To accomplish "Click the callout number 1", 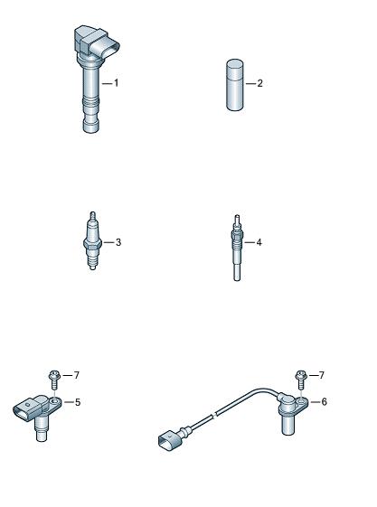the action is [x=116, y=83].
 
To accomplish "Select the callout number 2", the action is [x=259, y=83].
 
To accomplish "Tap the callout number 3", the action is [x=118, y=242].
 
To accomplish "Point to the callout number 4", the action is [x=259, y=242].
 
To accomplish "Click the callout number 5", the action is [x=78, y=402].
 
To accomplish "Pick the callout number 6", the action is [x=324, y=402].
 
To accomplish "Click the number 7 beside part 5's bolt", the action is [x=76, y=375].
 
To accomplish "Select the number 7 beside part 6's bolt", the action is [x=321, y=375].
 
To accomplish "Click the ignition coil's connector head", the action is [x=97, y=43].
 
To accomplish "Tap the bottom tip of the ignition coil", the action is [x=90, y=131].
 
